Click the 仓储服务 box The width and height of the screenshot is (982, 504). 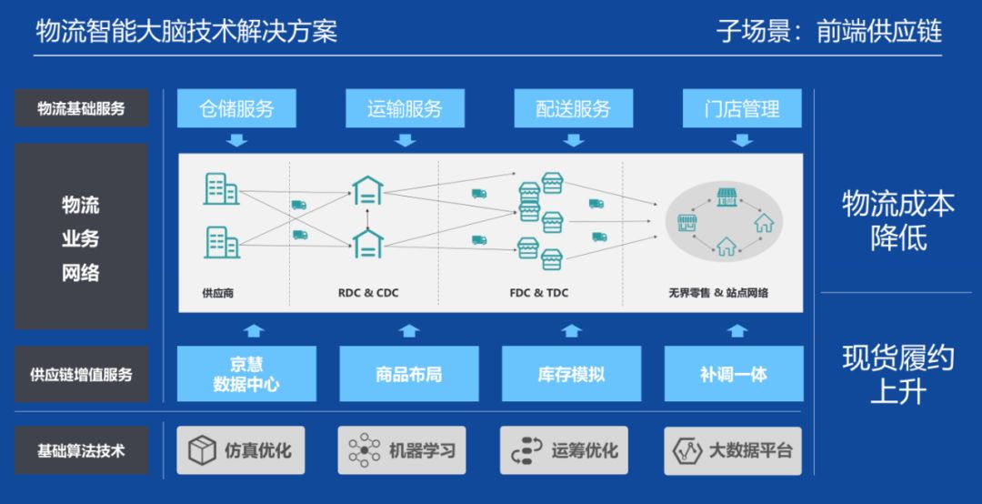[x=236, y=108]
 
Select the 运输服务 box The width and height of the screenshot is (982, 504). [x=405, y=108]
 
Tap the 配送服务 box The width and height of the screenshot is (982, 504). [x=573, y=108]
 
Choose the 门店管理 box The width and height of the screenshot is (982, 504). [x=742, y=108]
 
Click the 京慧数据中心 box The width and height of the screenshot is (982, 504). [x=245, y=374]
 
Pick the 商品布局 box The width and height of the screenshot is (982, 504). [x=408, y=374]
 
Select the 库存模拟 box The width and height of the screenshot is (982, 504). [x=570, y=374]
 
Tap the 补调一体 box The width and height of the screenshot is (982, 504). [x=733, y=374]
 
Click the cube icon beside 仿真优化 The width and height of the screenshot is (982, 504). [x=201, y=450]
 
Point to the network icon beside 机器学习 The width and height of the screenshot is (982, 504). [x=364, y=450]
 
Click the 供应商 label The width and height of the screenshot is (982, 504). [x=218, y=293]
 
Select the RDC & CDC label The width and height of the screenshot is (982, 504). [x=368, y=293]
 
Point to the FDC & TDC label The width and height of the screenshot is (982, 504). [x=539, y=293]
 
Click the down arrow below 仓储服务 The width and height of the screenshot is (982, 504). [x=236, y=140]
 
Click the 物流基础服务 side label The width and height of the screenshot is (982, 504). [x=81, y=108]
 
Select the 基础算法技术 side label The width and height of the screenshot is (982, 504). [x=81, y=450]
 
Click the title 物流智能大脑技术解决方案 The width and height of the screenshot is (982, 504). [x=186, y=32]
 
